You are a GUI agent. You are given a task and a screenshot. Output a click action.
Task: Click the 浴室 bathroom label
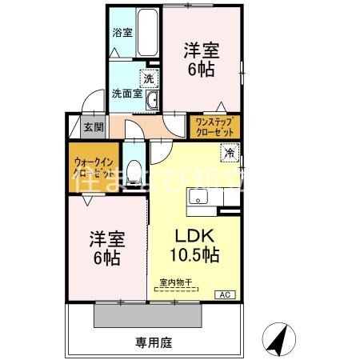coord(122,34)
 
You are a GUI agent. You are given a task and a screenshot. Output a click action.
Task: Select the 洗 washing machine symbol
coord(148,78)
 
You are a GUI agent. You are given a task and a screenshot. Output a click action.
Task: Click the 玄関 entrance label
coord(94,126)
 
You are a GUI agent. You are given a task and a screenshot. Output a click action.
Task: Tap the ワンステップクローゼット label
coord(214,125)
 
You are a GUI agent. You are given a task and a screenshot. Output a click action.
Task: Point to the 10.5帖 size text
coord(194,255)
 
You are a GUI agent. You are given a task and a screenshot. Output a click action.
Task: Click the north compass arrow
coord(276,340)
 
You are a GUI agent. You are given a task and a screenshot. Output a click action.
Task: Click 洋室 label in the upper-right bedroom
coord(200,50)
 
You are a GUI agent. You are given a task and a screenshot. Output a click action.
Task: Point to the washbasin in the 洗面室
coord(155,99)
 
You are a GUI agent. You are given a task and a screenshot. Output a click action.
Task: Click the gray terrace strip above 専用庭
coord(149,314)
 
